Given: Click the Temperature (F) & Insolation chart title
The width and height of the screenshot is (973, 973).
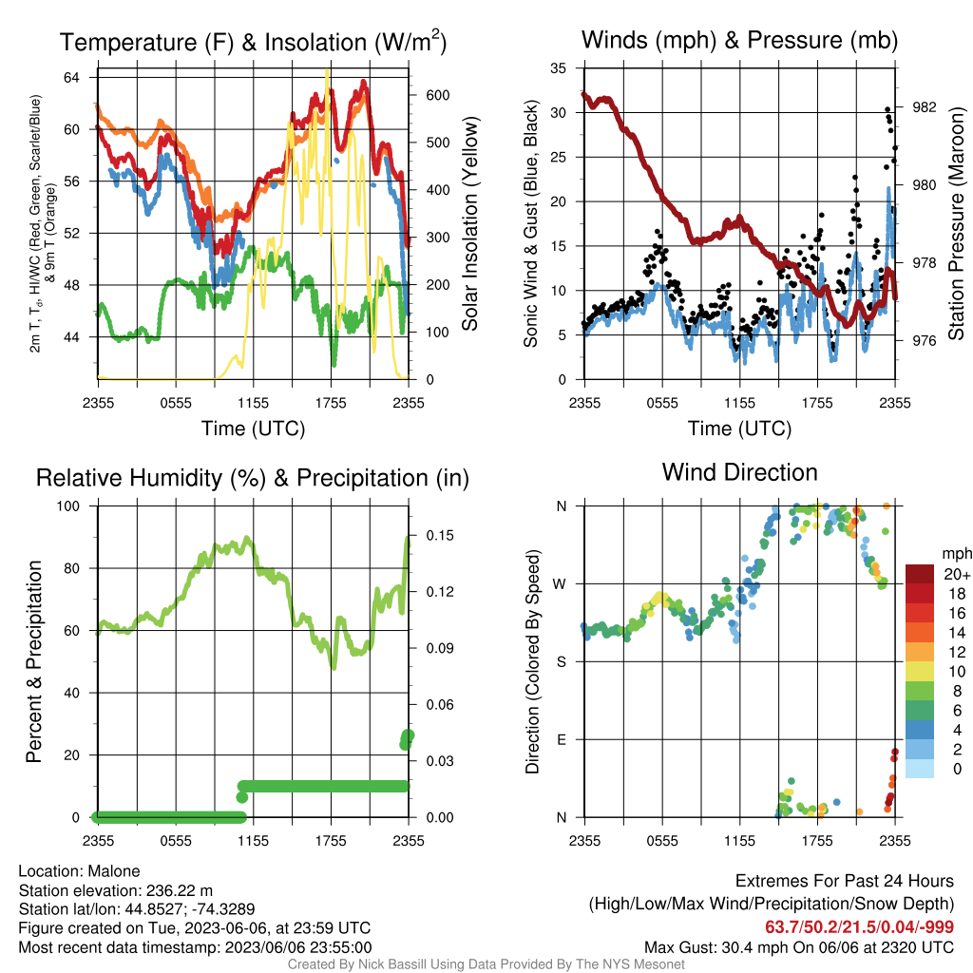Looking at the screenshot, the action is tap(253, 42).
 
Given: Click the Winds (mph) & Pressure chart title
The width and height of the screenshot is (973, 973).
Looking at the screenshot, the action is tap(739, 40).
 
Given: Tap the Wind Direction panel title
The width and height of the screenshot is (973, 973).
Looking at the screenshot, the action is tap(739, 472).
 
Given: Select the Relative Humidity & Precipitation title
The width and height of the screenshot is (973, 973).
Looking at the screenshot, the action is tap(253, 478).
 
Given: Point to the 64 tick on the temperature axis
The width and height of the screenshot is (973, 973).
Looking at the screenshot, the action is tap(71, 78).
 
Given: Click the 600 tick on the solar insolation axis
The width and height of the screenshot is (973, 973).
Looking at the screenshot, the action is tap(437, 95).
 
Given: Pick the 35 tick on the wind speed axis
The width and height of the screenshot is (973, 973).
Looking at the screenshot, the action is tap(559, 68).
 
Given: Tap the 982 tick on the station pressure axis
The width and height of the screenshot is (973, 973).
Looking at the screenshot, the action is tap(924, 107).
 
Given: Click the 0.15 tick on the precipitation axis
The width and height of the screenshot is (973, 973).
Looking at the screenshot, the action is tap(440, 536).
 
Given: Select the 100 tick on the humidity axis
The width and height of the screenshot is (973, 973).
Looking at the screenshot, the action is tap(68, 506).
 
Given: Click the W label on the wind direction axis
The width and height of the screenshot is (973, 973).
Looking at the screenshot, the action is tap(560, 584).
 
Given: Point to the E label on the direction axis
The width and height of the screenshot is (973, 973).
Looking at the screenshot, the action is tap(562, 739).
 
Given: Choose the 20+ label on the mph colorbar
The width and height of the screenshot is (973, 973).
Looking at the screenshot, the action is tap(957, 574).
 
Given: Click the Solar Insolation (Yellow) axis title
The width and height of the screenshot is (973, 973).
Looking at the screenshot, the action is tap(469, 223).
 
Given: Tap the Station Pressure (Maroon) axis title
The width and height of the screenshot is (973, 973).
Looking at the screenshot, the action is tap(956, 223).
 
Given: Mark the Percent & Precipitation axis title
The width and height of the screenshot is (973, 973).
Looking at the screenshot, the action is tap(33, 661).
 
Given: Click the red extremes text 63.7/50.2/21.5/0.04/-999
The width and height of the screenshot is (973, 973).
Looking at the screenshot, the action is tap(859, 927).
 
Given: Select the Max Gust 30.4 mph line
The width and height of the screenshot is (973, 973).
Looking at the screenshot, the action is tap(798, 947).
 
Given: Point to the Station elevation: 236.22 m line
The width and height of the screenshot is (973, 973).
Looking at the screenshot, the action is tap(115, 890).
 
